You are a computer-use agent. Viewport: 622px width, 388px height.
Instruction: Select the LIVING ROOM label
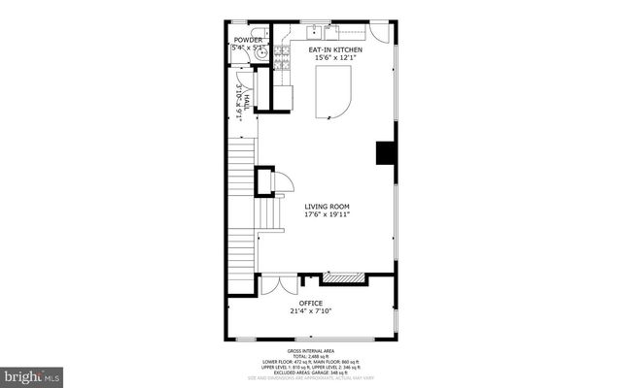[x=327, y=207]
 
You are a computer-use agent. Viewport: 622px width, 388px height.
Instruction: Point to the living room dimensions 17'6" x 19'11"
[x=327, y=215]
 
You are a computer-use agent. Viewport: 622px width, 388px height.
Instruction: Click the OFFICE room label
[x=310, y=303]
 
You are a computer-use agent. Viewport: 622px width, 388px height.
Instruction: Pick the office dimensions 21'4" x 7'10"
[x=310, y=311]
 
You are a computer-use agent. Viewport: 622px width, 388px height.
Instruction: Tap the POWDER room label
[x=247, y=41]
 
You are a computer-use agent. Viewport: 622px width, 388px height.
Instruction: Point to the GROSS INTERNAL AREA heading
[x=310, y=350]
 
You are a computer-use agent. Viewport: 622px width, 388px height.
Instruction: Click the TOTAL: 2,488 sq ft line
[x=310, y=356]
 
